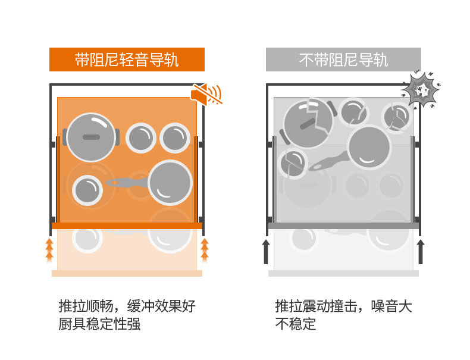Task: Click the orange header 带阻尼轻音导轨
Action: [x=127, y=60]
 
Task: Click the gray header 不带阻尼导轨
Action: [x=343, y=60]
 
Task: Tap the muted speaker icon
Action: [x=206, y=94]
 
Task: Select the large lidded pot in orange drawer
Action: [x=91, y=137]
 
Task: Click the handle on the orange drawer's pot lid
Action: [x=91, y=137]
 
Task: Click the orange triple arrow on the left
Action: [x=49, y=249]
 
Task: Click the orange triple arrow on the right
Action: [x=205, y=249]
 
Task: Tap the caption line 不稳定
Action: [x=295, y=324]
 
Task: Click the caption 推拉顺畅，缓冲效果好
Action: [x=127, y=306]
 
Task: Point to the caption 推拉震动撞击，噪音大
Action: [x=343, y=306]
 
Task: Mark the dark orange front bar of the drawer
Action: [x=127, y=226]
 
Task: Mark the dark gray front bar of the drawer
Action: [x=343, y=226]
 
